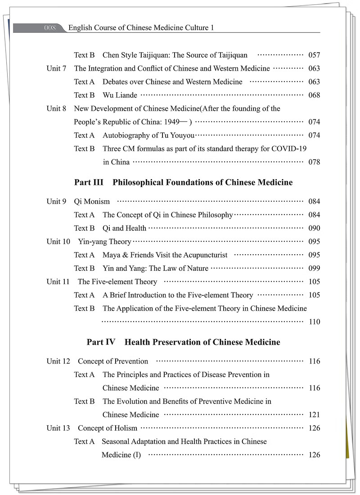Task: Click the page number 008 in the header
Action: click(50, 28)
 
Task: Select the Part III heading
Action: click(183, 182)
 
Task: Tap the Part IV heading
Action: click(183, 342)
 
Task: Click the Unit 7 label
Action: click(56, 68)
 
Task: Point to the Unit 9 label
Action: click(56, 201)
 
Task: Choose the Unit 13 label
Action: click(58, 428)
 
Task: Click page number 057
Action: click(314, 55)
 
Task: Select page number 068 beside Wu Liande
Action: click(314, 95)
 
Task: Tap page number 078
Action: click(314, 162)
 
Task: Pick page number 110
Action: click(314, 322)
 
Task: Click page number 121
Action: click(314, 414)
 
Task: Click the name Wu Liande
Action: click(120, 95)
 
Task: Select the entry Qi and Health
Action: click(124, 228)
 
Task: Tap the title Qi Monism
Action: click(92, 201)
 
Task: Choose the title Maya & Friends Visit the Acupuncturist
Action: click(165, 255)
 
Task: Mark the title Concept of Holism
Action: click(108, 428)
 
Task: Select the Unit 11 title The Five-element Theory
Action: click(117, 282)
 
